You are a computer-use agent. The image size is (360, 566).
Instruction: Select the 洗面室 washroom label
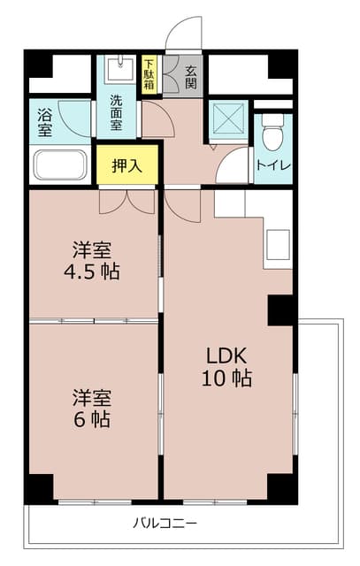(x=117, y=112)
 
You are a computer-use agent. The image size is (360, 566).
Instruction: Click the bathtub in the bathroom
(x=60, y=164)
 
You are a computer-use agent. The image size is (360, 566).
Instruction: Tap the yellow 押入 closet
(x=127, y=164)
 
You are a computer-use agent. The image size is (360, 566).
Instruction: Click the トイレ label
(x=272, y=164)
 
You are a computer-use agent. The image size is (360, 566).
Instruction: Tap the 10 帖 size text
(x=228, y=379)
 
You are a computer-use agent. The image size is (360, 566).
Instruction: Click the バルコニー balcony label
(x=165, y=522)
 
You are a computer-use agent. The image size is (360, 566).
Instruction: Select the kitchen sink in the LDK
(x=278, y=245)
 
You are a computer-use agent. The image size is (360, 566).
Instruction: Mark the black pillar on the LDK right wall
(x=280, y=310)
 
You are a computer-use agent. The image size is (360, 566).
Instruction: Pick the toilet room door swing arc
(x=233, y=165)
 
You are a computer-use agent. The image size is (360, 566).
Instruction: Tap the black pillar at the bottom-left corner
(x=38, y=488)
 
